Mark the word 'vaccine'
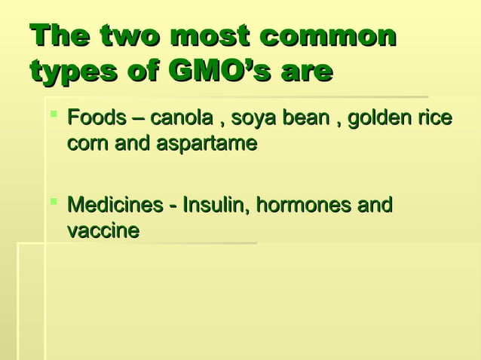[x=103, y=230]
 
